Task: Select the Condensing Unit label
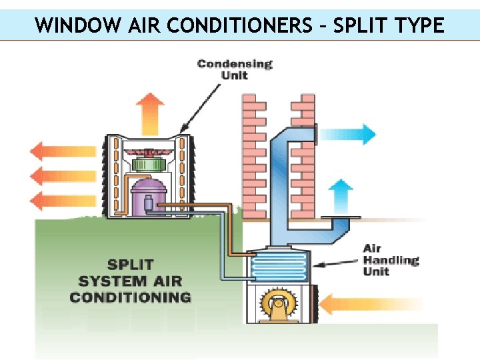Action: pyautogui.click(x=235, y=69)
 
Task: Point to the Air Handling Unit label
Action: pyautogui.click(x=391, y=260)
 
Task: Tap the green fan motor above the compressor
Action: pyautogui.click(x=149, y=164)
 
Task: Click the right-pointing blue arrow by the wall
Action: pyautogui.click(x=347, y=134)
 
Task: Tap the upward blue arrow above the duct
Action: pyautogui.click(x=341, y=194)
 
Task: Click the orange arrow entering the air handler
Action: pyautogui.click(x=346, y=305)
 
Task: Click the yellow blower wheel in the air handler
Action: pyautogui.click(x=279, y=306)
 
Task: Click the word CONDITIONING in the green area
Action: pyautogui.click(x=131, y=297)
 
